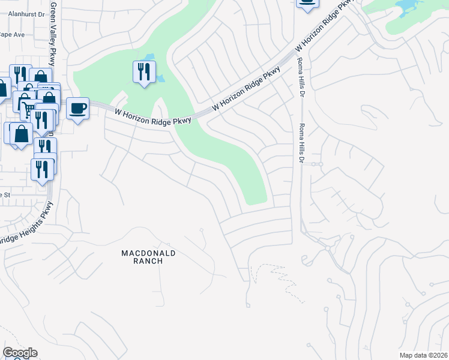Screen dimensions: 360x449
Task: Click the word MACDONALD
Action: [148, 253]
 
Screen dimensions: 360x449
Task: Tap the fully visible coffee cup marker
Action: [77, 109]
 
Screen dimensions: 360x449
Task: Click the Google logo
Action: [20, 353]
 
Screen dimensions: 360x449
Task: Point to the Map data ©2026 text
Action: [424, 355]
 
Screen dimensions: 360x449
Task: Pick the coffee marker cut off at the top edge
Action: [307, 3]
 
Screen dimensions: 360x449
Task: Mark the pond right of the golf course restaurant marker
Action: [160, 78]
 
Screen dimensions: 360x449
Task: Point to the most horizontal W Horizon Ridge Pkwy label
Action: [152, 116]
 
